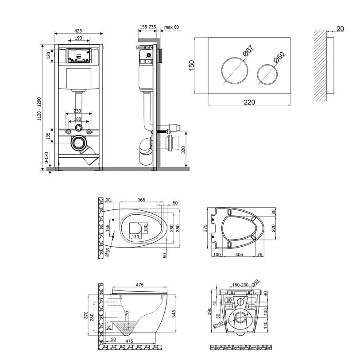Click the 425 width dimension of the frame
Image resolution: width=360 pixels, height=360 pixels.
pos(78,31)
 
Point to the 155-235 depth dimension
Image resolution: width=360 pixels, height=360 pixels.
pos(147,27)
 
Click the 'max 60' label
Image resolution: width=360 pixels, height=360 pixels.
pos(171,27)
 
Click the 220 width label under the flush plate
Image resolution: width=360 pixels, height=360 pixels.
pos(249,102)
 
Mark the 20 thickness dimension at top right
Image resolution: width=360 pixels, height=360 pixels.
pos(340,29)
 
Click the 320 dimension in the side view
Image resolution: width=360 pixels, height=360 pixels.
pos(189,150)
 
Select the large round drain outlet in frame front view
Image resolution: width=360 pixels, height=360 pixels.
pos(78,143)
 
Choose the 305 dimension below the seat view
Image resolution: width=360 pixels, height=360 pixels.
pos(239,255)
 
